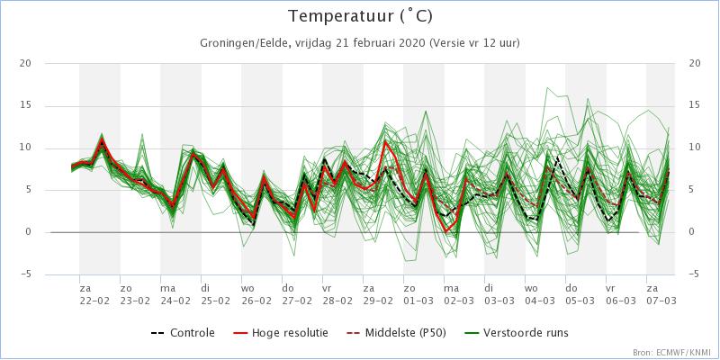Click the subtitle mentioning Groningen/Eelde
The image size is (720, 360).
359,43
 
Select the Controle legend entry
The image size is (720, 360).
184,333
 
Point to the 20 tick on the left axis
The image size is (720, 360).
26,63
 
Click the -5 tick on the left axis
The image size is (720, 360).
26,274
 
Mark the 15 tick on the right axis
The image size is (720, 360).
694,105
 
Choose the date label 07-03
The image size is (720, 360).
661,301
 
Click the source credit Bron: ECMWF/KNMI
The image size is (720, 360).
670,352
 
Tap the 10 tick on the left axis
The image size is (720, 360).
26,148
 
